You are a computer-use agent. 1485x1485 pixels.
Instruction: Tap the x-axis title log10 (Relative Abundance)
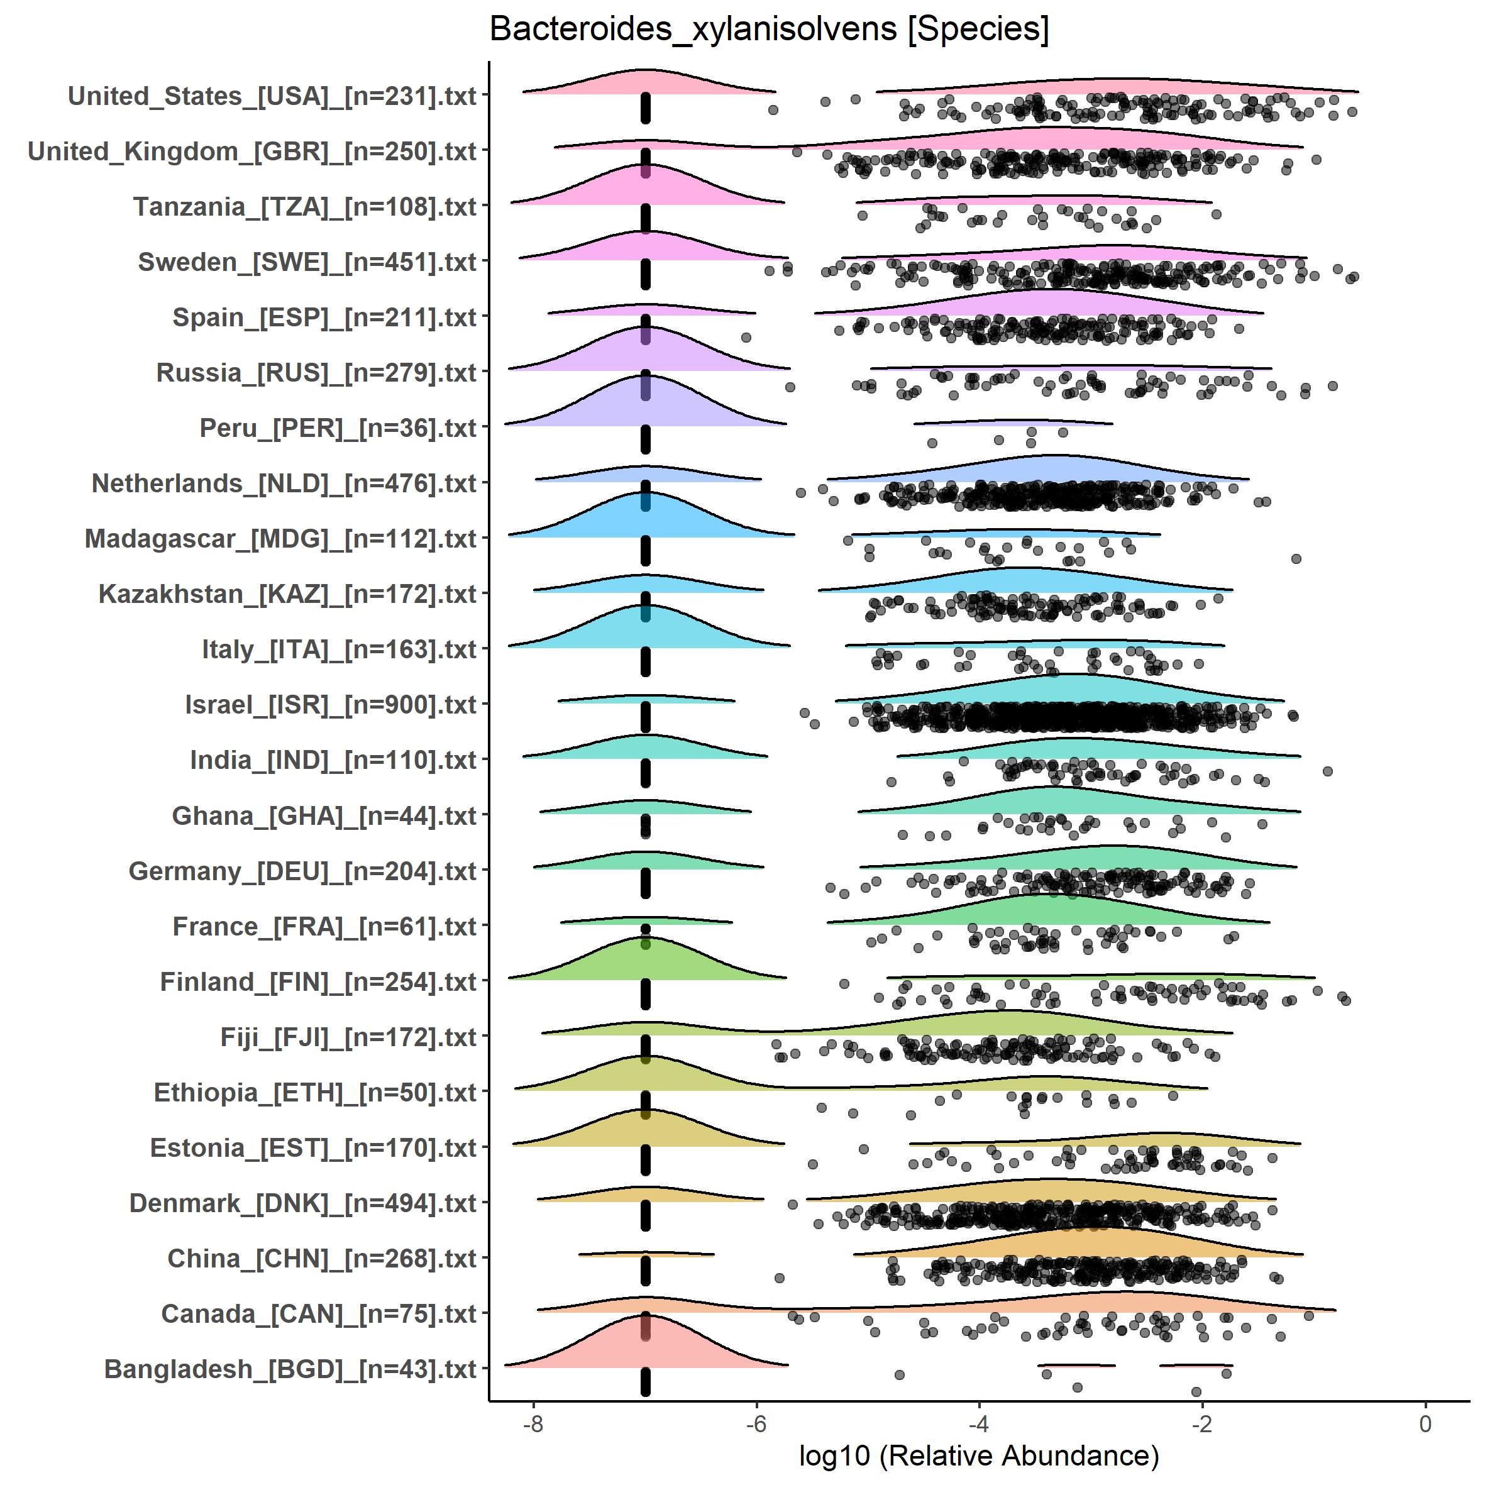pyautogui.click(x=978, y=1455)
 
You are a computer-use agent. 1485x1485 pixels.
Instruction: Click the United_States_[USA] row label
pyautogui.click(x=272, y=96)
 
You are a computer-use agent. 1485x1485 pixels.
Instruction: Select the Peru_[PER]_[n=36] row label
pyautogui.click(x=338, y=428)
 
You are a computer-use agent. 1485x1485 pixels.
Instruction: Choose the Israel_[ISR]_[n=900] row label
pyautogui.click(x=331, y=705)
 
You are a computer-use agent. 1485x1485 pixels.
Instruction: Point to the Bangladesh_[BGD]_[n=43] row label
pyautogui.click(x=290, y=1369)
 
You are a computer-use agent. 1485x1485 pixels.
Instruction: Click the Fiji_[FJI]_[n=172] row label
pyautogui.click(x=348, y=1037)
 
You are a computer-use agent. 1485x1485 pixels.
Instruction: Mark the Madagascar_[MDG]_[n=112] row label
pyautogui.click(x=280, y=539)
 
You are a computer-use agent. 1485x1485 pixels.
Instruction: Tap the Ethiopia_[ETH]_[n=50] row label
pyautogui.click(x=315, y=1092)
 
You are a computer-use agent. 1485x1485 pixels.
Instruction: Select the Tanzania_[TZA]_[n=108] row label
pyautogui.click(x=305, y=207)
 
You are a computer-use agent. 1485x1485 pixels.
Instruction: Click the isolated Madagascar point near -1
pyautogui.click(x=1296, y=559)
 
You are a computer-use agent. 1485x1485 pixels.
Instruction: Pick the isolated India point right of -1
pyautogui.click(x=1327, y=771)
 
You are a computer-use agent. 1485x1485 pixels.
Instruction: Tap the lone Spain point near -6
pyautogui.click(x=745, y=338)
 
